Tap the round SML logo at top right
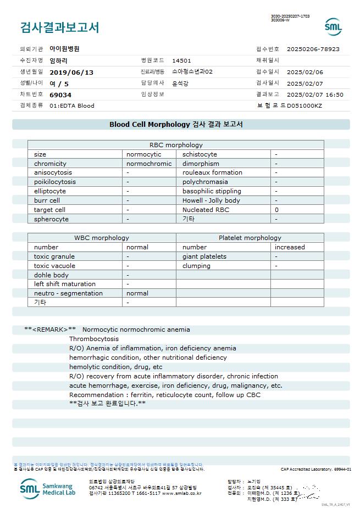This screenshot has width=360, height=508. [x=333, y=27]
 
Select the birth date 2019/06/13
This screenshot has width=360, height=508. [x=71, y=72]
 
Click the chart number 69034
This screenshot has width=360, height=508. [x=60, y=94]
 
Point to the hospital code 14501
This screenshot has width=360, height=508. [x=181, y=60]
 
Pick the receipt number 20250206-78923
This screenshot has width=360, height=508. [x=313, y=49]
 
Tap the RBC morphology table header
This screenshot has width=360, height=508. [x=176, y=145]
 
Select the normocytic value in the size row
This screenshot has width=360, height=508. [x=144, y=154]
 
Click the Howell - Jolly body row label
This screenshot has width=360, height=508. [x=211, y=200]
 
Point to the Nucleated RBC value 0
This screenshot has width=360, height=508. [x=276, y=210]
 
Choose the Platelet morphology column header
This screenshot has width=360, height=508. [x=250, y=238]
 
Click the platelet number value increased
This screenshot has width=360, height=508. [x=290, y=247]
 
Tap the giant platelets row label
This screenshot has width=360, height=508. [x=204, y=256]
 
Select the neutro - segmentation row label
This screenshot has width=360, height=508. [x=68, y=293]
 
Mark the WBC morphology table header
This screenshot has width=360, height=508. [x=102, y=238]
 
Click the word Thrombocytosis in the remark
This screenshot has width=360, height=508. [x=93, y=339]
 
